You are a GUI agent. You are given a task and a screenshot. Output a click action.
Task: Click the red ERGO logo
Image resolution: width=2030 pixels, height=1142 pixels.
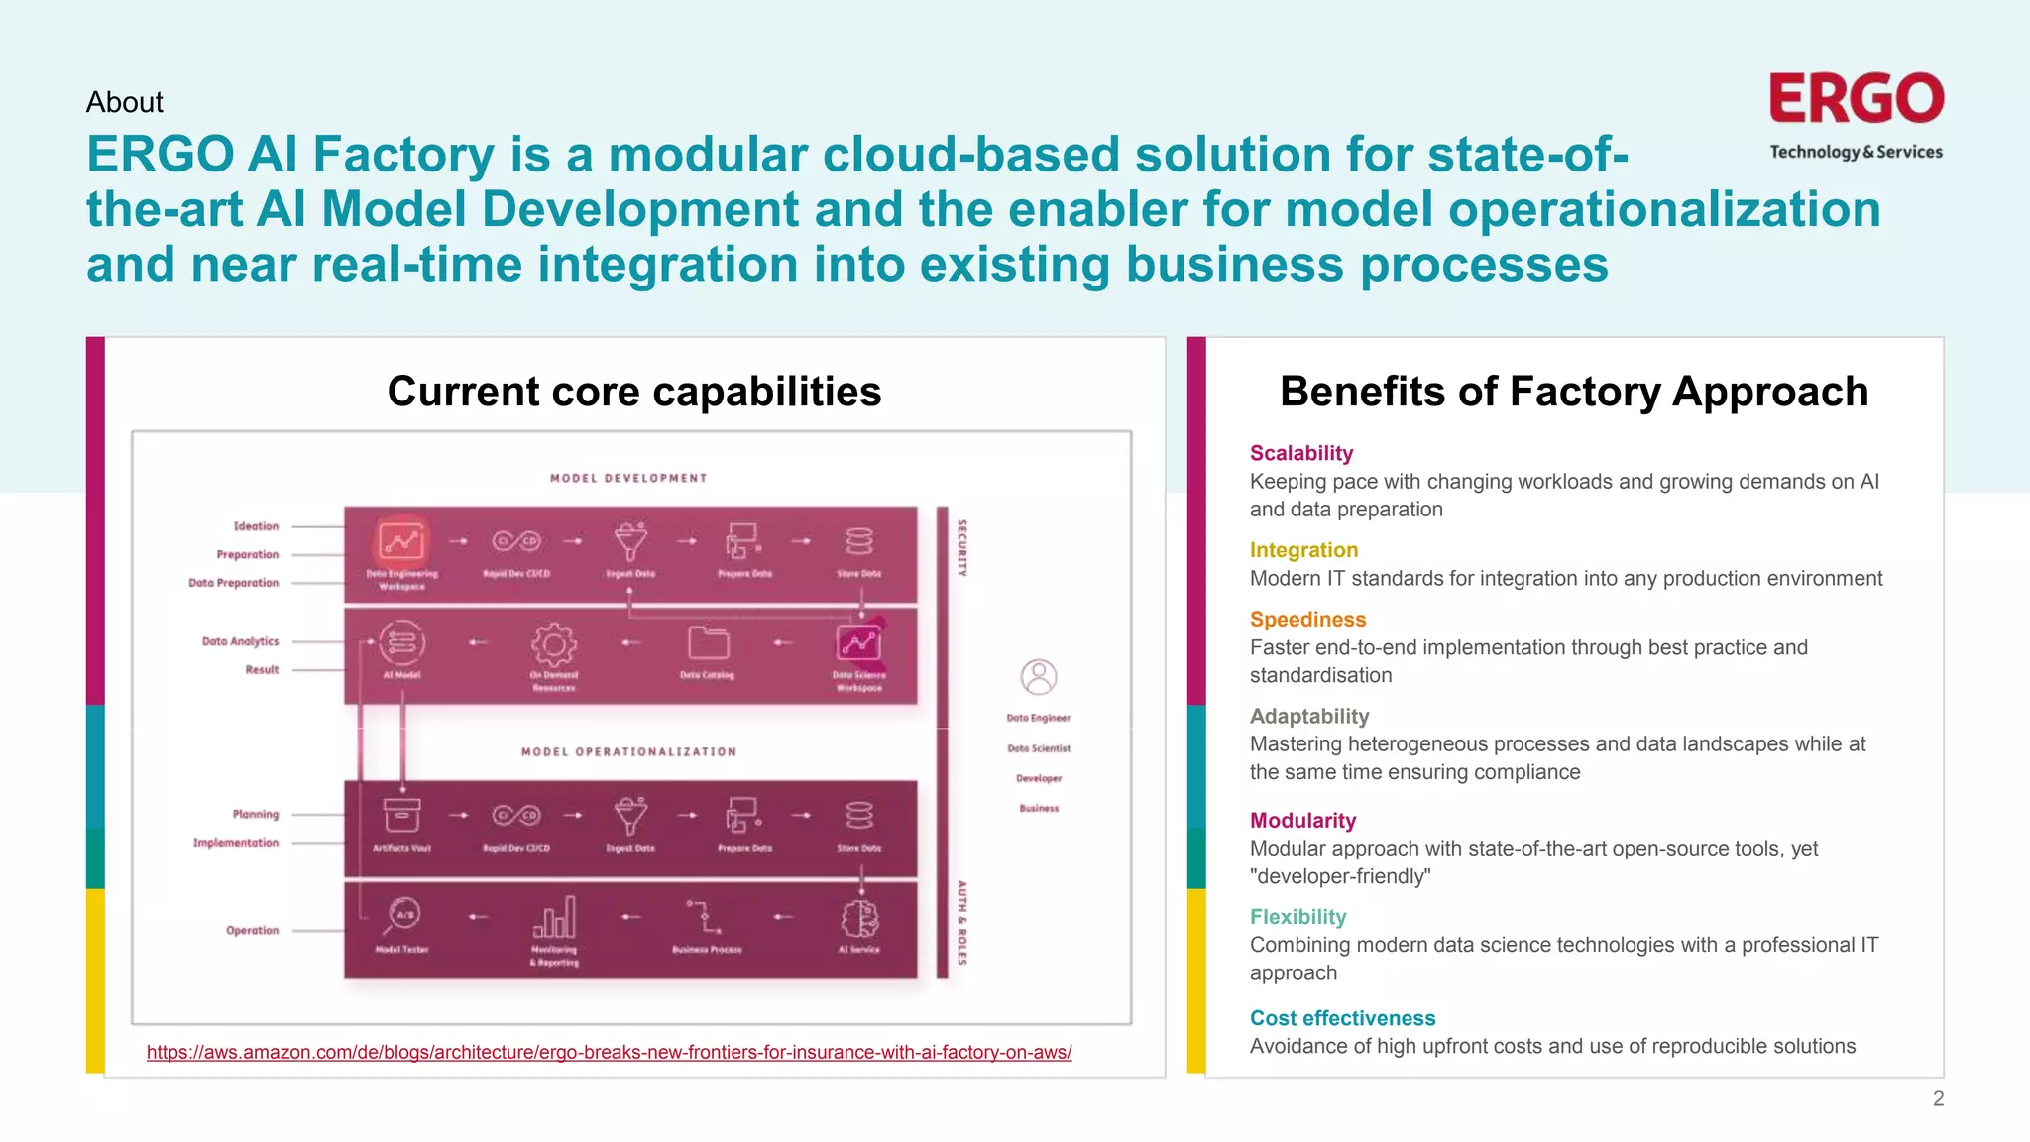pos(1856,99)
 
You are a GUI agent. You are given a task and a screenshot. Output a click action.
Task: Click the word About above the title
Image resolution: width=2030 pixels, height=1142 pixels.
pos(124,102)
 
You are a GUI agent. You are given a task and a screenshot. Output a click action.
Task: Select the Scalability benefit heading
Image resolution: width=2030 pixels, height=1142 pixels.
pos(1300,453)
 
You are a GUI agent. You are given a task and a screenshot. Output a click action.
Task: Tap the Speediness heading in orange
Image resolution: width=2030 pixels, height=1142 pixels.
pos(1307,620)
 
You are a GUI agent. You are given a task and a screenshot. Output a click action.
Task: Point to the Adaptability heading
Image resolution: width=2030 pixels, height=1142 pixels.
pos(1308,716)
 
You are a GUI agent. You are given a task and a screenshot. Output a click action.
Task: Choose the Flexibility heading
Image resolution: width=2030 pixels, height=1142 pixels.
pos(1297,917)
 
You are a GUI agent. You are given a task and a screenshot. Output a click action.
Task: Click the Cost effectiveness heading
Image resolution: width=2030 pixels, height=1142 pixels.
pos(1342,1018)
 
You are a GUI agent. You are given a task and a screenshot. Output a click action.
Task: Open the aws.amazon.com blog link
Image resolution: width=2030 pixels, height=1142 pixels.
pos(609,1052)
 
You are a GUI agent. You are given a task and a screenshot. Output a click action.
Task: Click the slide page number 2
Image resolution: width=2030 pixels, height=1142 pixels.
pos(1938,1098)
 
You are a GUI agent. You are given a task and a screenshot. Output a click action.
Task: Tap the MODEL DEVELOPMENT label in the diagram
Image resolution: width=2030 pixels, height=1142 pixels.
pos(628,478)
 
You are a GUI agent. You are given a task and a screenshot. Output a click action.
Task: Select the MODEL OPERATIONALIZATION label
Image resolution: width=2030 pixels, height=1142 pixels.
pos(628,752)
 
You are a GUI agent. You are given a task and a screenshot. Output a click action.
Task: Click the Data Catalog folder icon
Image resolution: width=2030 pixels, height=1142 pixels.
pos(708,643)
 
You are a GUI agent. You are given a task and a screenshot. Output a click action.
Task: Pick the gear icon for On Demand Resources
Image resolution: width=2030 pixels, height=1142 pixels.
pos(553,644)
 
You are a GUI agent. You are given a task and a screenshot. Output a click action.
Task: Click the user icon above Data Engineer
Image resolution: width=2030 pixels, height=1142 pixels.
pos(1038,678)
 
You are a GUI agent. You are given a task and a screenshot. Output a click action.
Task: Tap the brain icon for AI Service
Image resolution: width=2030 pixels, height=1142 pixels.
pos(858,919)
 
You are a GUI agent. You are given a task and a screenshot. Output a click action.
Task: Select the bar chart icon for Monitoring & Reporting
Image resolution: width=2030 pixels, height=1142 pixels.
pos(554,918)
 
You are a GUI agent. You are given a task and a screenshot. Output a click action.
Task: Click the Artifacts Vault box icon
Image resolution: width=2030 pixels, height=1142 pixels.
pos(401,816)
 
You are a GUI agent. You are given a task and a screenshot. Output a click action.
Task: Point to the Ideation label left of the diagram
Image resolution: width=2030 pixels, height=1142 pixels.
pos(256,526)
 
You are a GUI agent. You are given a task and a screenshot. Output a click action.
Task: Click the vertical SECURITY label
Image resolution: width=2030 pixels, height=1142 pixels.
pos(960,547)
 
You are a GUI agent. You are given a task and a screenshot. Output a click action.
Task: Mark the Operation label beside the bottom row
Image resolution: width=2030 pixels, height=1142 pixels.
pos(252,930)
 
